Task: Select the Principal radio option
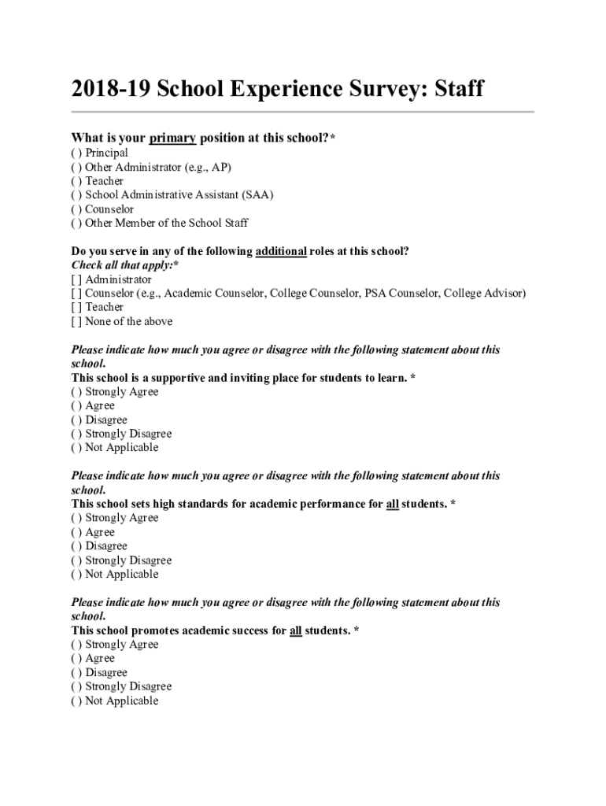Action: click(76, 153)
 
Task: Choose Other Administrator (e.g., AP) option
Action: click(76, 167)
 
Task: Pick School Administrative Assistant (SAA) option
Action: click(76, 195)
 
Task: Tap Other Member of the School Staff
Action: click(76, 224)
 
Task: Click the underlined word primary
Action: click(172, 139)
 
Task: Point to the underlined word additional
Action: click(280, 252)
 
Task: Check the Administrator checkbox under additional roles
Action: click(76, 279)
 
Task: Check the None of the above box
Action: click(76, 322)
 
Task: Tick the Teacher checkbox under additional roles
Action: click(76, 308)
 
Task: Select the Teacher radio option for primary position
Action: click(76, 181)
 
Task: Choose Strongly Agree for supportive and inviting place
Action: click(76, 392)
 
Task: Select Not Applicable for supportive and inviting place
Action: click(76, 448)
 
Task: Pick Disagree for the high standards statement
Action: click(76, 546)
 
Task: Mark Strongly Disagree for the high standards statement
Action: click(76, 560)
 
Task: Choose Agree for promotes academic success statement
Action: click(76, 659)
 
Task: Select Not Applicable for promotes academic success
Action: click(76, 701)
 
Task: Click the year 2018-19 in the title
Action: click(110, 89)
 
